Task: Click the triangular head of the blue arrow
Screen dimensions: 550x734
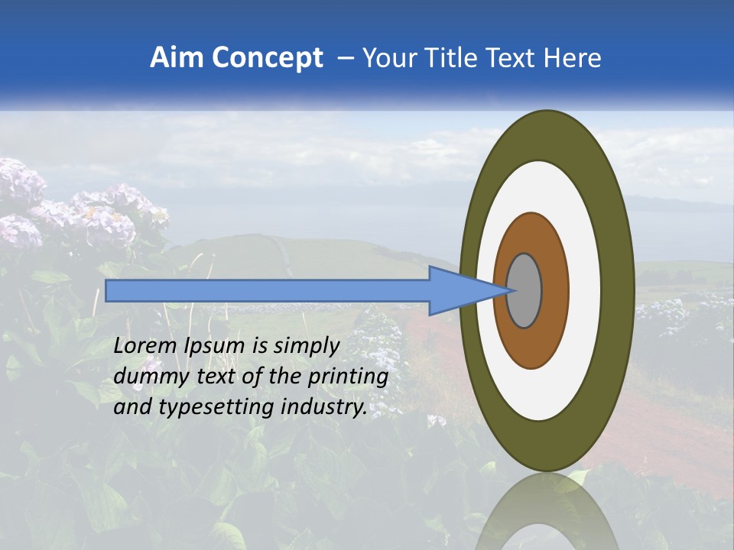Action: pos(459,291)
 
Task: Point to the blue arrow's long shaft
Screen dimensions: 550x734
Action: pos(268,291)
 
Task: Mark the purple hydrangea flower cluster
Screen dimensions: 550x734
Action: pos(99,210)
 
